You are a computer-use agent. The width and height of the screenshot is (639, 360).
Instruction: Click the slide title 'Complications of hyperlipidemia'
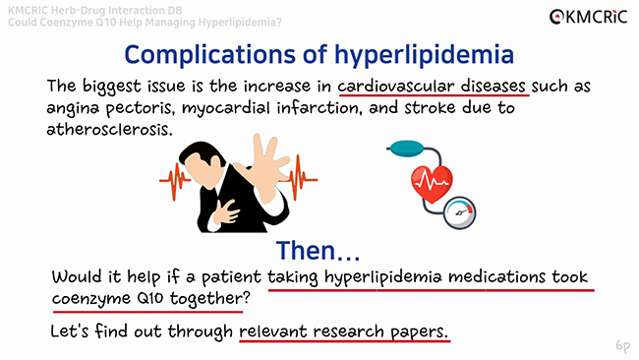(319, 53)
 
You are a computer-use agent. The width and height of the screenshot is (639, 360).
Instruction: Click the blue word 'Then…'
(318, 250)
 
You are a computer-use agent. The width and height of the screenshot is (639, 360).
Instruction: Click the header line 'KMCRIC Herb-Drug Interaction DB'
(92, 8)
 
